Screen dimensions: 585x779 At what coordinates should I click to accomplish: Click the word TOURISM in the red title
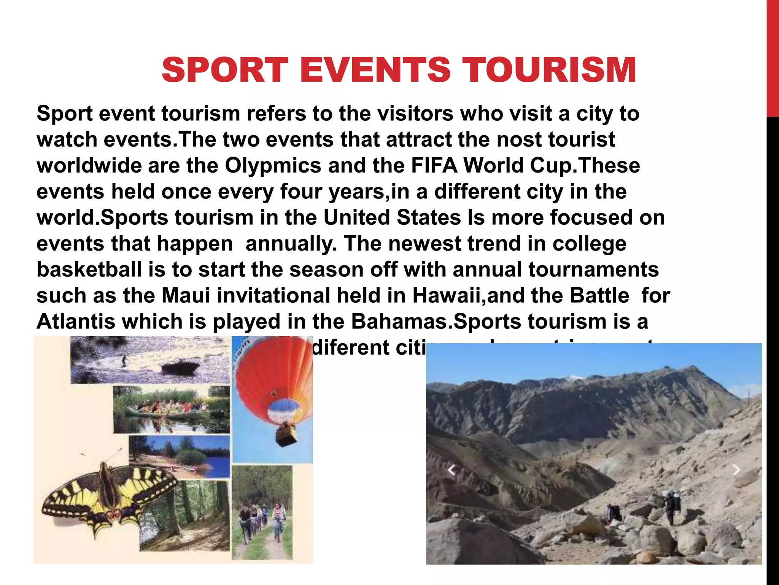tap(551, 70)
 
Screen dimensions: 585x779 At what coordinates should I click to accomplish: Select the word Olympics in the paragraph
tap(273, 166)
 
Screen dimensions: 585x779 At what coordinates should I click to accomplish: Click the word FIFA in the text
tap(434, 166)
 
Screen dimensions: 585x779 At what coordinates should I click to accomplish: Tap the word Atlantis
tap(76, 322)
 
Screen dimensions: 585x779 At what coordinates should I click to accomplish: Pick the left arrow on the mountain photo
tap(452, 470)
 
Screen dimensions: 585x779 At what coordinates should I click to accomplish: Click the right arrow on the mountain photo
tap(736, 470)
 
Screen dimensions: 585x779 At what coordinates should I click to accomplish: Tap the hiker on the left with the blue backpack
tap(613, 512)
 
